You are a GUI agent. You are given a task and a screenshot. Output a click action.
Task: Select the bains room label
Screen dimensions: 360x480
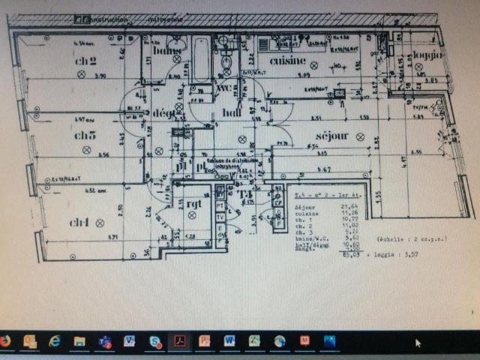(x=169, y=51)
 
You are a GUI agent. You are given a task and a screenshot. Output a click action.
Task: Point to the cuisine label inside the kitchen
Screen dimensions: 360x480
(x=287, y=61)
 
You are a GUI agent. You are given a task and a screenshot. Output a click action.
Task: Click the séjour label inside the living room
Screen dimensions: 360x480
(x=332, y=136)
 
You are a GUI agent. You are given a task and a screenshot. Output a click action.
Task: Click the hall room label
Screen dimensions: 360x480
(x=232, y=112)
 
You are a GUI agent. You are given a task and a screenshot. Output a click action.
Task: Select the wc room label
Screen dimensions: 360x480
(x=223, y=88)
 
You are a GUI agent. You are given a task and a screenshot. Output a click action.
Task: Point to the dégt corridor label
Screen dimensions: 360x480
(x=163, y=112)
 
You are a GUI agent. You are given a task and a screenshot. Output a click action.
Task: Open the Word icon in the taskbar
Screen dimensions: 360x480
(x=229, y=341)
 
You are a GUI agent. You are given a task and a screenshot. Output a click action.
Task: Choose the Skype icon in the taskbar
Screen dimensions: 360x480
(x=154, y=341)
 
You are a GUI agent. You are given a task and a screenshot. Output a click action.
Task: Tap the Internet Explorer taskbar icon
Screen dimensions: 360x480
(x=55, y=341)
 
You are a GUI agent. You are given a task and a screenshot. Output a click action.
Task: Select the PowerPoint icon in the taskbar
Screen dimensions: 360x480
(x=204, y=341)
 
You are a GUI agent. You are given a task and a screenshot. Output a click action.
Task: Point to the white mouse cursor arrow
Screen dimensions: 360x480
(x=418, y=343)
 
